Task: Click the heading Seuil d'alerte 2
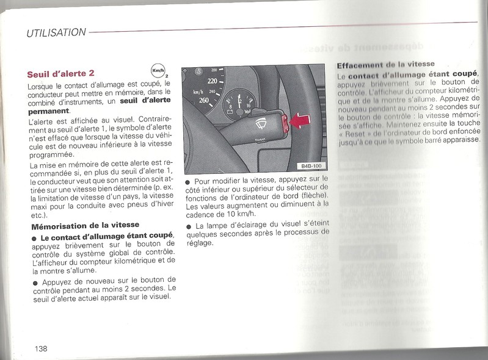pos(60,74)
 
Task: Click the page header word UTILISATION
pos(56,33)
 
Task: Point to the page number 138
pos(41,348)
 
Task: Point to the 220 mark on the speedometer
pos(213,81)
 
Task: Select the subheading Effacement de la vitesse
pos(385,64)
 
